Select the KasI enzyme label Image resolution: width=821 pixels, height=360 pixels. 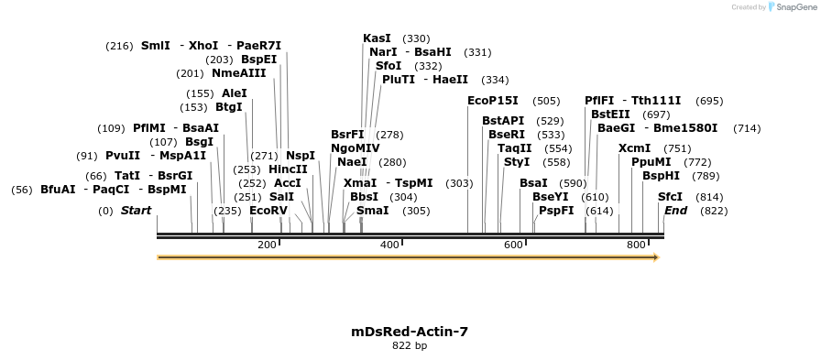[377, 38]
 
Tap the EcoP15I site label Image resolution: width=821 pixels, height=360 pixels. [493, 101]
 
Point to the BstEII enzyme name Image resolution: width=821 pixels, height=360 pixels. [610, 115]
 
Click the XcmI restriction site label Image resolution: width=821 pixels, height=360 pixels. [635, 148]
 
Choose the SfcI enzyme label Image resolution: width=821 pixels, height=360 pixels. [671, 197]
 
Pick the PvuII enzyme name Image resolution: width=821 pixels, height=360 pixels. [122, 156]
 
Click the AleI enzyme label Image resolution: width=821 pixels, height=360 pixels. [235, 93]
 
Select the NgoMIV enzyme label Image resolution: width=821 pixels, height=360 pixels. [356, 147]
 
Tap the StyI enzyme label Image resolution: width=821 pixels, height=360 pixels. [517, 162]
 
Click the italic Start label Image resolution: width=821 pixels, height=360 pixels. [136, 211]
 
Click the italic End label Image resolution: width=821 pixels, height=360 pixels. [675, 211]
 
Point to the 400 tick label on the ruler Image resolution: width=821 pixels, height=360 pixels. [389, 245]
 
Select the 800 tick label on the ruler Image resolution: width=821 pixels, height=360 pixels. [636, 245]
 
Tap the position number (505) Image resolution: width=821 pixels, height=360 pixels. [546, 101]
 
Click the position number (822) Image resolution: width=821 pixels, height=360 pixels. [713, 211]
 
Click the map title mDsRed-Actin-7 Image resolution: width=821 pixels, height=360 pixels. [410, 331]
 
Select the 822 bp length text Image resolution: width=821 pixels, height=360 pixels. [410, 346]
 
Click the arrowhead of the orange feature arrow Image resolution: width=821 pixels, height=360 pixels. [654, 257]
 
